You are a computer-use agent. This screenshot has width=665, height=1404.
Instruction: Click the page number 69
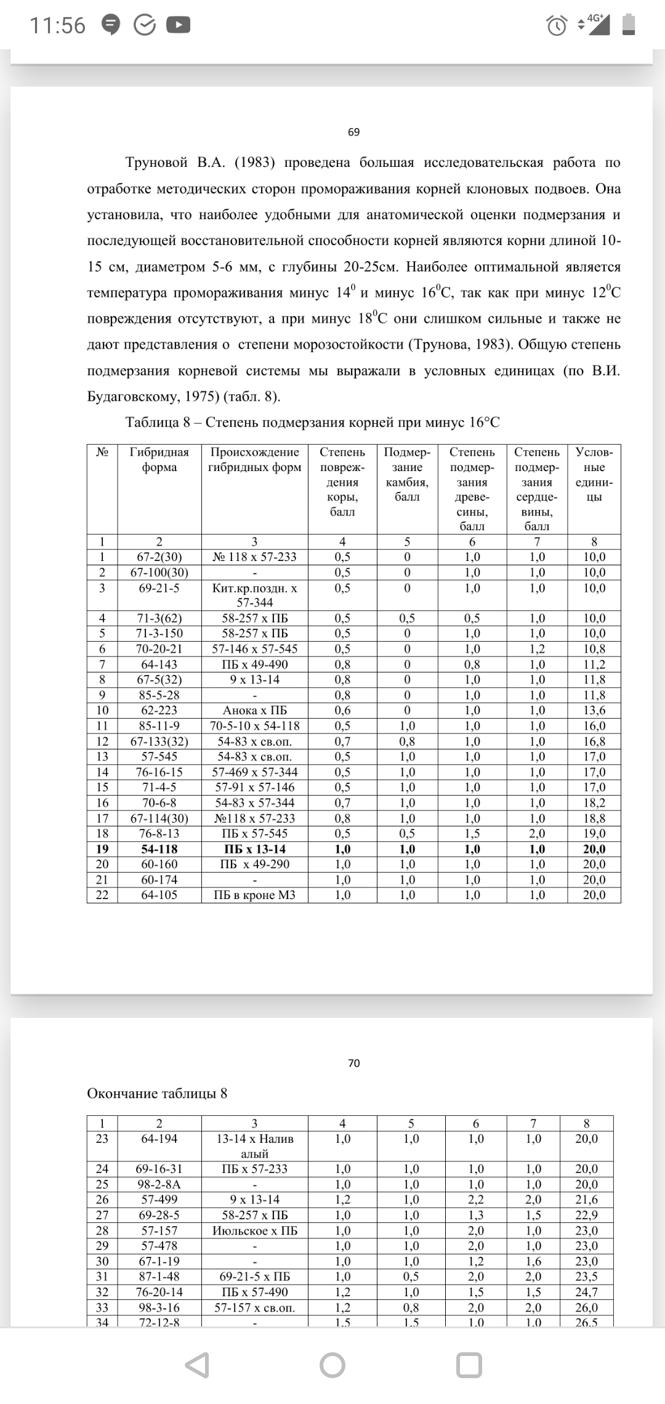tap(353, 132)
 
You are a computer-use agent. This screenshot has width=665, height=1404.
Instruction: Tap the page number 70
tap(353, 1063)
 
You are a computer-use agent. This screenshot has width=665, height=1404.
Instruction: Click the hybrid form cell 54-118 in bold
tap(159, 849)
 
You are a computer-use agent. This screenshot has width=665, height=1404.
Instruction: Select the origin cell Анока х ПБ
tap(255, 710)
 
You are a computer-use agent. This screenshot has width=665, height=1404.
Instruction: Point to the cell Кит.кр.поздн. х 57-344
tap(255, 595)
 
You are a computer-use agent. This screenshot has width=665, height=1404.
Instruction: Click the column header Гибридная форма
tap(159, 459)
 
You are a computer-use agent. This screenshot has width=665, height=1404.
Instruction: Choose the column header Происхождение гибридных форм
tap(255, 459)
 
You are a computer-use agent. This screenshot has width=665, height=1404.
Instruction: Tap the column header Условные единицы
tap(594, 474)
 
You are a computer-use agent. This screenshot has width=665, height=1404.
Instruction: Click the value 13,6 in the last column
tap(594, 710)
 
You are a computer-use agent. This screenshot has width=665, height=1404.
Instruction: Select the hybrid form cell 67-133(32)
tap(159, 741)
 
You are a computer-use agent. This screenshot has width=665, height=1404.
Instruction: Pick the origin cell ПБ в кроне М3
tap(255, 895)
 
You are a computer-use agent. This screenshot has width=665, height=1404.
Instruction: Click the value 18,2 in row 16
tap(594, 802)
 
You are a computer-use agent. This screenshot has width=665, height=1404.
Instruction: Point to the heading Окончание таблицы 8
tap(157, 1094)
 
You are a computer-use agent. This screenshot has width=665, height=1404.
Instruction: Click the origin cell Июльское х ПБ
tap(255, 1230)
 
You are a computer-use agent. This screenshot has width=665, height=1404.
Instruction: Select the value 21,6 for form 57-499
tap(586, 1200)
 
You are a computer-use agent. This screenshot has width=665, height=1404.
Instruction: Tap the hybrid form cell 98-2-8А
tap(159, 1184)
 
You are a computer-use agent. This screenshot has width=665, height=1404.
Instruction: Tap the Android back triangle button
tap(197, 1365)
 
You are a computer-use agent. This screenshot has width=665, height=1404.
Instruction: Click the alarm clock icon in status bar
tap(557, 25)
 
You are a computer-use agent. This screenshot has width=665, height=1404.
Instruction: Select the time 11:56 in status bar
tap(58, 25)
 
